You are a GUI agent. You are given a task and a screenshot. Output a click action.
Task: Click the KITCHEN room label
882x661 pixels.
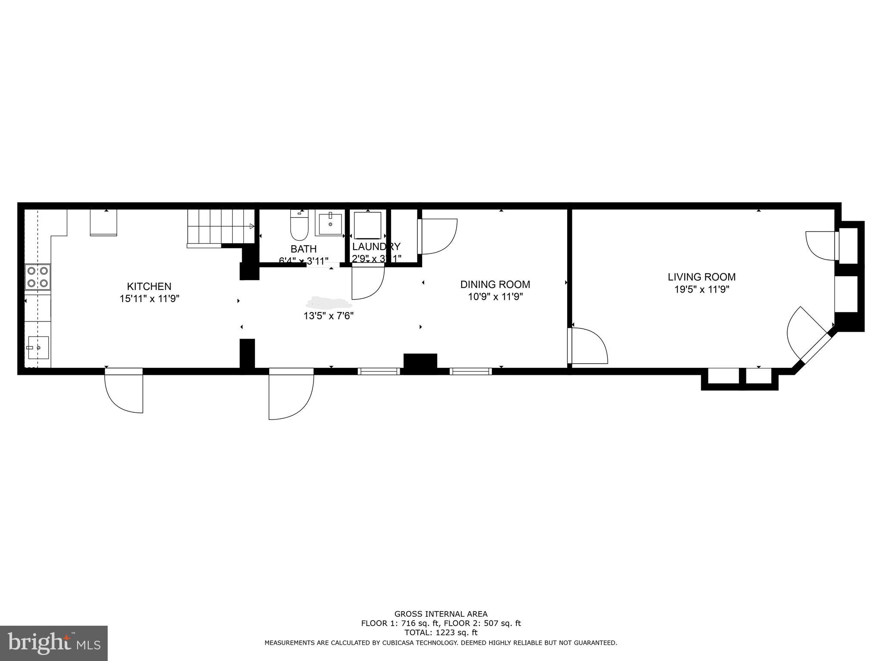149,286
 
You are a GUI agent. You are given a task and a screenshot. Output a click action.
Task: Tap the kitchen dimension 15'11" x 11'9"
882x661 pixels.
149,299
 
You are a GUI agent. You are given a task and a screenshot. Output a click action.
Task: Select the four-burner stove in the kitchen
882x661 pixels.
37,277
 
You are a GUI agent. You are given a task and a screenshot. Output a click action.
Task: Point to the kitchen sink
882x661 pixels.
38,348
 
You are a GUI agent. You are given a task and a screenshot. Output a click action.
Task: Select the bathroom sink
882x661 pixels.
330,224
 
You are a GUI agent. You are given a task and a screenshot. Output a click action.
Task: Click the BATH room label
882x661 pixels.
303,249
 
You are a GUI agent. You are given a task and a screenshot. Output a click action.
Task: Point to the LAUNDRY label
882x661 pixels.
376,247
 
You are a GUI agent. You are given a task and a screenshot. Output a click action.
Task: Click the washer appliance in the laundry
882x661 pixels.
367,225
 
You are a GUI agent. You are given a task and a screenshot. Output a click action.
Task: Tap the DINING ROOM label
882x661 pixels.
495,284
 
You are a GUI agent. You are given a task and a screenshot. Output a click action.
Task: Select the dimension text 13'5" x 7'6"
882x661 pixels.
328,316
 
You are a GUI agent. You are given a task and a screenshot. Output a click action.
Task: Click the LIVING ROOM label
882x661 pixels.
701,277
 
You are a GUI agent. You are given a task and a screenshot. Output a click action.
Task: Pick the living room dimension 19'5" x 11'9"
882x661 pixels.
701,290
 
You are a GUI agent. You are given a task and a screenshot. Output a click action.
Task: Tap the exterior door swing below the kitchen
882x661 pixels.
124,392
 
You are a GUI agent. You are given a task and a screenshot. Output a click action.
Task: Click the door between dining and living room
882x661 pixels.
587,346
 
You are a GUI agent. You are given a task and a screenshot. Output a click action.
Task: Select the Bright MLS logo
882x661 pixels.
53,643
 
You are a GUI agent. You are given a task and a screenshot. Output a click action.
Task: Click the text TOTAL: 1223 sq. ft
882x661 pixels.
441,633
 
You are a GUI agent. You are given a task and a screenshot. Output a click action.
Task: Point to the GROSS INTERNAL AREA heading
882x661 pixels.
441,614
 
